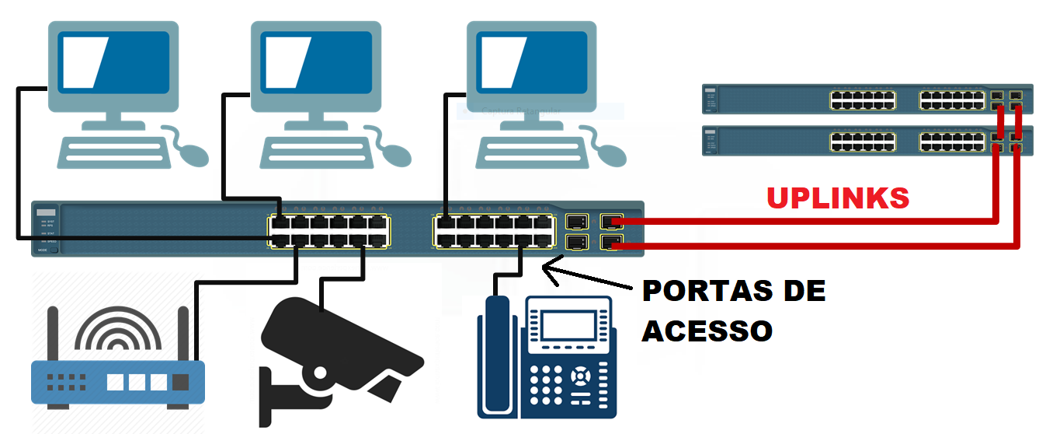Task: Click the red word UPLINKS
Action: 837,198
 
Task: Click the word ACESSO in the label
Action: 707,331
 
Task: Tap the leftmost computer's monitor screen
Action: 114,61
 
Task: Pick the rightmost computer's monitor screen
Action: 532,61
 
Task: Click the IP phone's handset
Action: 496,358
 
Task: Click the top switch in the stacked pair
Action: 867,100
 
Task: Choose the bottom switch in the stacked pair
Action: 867,141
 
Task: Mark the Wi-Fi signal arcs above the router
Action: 118,331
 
